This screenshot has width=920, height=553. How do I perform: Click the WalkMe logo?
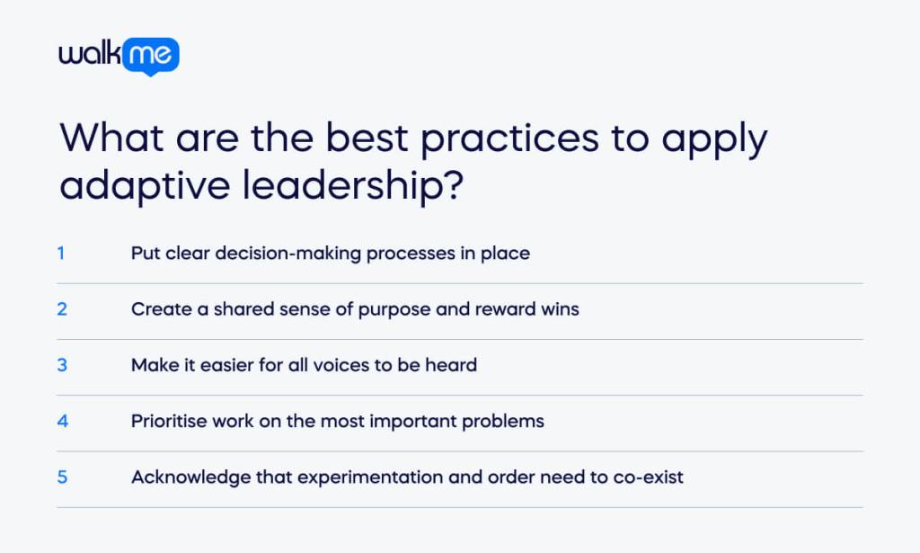[x=119, y=57]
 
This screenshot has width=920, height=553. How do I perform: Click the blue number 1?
[x=61, y=253]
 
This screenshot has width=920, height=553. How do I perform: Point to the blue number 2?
[x=62, y=308]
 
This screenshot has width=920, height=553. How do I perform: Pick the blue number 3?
[x=62, y=364]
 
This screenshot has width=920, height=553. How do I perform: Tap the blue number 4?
[x=62, y=420]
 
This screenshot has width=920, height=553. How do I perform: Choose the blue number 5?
[x=62, y=476]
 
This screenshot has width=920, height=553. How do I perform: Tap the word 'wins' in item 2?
[x=561, y=309]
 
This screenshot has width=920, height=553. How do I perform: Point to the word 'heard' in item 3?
[x=453, y=365]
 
